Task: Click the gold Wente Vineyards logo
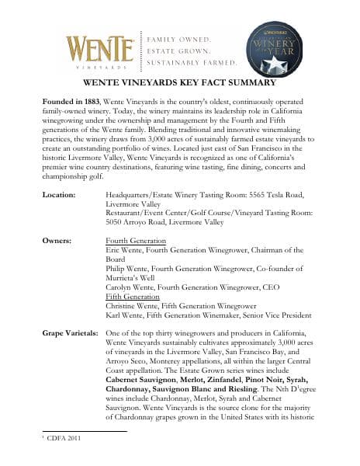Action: [98, 48]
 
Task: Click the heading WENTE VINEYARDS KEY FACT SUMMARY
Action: [179, 83]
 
